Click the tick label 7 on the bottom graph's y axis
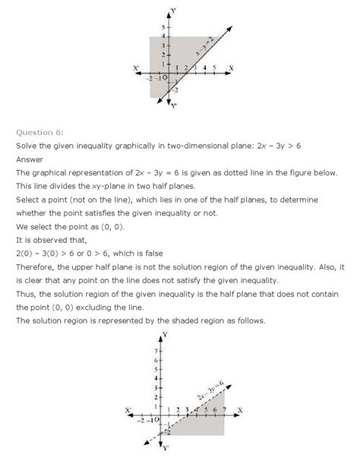pyautogui.click(x=156, y=353)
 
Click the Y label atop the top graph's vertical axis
pyautogui.click(x=174, y=11)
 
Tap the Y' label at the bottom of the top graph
pyautogui.click(x=173, y=106)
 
